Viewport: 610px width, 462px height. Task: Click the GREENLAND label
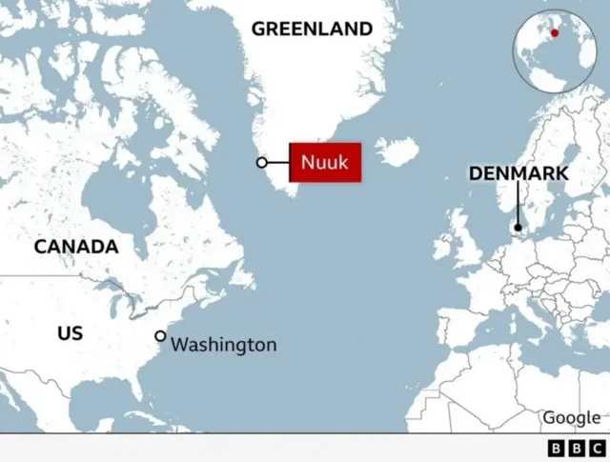(312, 29)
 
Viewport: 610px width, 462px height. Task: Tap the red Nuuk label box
(325, 162)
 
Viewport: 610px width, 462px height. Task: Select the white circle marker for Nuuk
(262, 163)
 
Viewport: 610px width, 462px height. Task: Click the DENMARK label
(518, 173)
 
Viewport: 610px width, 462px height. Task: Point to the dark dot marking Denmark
(518, 228)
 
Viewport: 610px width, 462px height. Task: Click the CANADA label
(76, 247)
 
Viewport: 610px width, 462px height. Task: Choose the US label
(70, 333)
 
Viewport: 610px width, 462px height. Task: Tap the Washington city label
(224, 344)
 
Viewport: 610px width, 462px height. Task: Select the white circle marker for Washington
(160, 336)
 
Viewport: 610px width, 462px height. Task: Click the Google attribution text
(571, 417)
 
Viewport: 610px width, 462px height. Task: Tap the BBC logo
(577, 448)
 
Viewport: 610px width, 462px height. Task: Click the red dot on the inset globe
(555, 32)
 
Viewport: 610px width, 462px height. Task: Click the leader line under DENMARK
(518, 204)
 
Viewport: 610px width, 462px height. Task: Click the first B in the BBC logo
(557, 448)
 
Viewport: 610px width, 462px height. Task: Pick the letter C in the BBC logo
(597, 448)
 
